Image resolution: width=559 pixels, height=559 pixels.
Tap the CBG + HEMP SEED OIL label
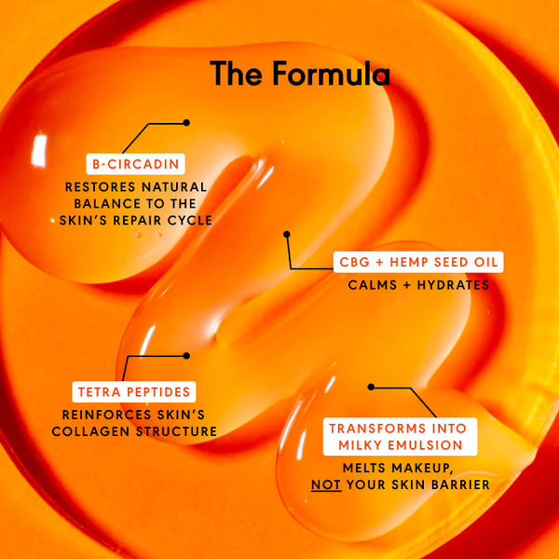coord(418,263)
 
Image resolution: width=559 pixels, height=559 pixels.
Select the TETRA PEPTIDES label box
coord(133,391)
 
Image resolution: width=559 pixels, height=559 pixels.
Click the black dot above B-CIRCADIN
coord(186,122)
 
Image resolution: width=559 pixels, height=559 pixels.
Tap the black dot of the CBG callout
coord(287,235)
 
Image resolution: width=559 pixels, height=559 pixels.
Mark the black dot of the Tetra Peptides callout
coord(186,355)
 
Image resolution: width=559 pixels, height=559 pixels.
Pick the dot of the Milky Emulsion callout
coord(371,386)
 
